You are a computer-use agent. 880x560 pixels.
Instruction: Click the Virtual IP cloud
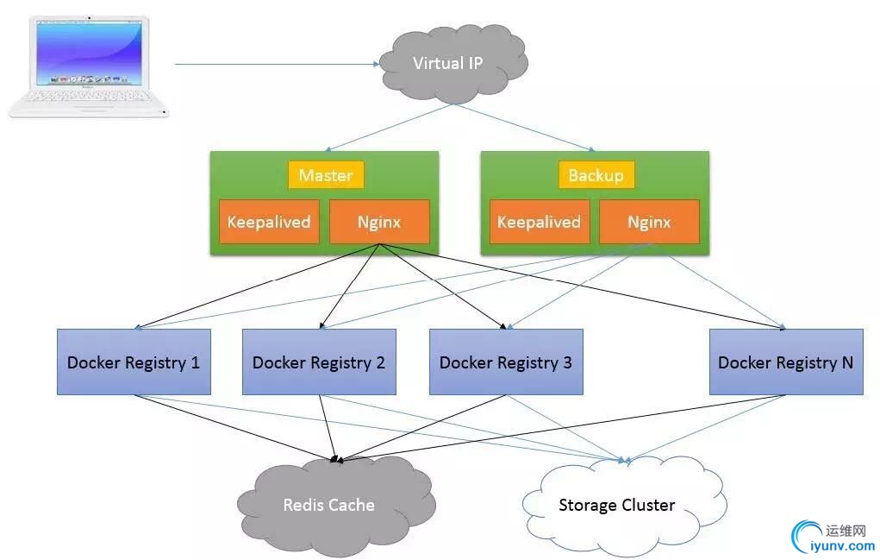pyautogui.click(x=448, y=62)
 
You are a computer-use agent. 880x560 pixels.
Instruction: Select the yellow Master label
pyautogui.click(x=326, y=175)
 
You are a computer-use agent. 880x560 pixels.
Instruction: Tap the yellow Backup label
pyautogui.click(x=596, y=175)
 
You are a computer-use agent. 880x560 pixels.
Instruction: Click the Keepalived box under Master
pyautogui.click(x=269, y=222)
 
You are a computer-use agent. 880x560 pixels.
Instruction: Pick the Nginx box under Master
pyautogui.click(x=379, y=222)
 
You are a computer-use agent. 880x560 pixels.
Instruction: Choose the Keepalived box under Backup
pyautogui.click(x=540, y=222)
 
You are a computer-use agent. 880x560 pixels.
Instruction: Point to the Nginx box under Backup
pyautogui.click(x=649, y=222)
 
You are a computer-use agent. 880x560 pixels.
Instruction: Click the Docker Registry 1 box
pyautogui.click(x=134, y=362)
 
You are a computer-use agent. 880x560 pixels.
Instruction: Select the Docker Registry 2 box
pyautogui.click(x=319, y=362)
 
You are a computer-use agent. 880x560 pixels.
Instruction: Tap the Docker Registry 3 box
pyautogui.click(x=506, y=362)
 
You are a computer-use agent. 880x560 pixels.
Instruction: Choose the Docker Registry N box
pyautogui.click(x=786, y=362)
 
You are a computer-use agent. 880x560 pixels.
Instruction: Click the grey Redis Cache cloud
pyautogui.click(x=329, y=504)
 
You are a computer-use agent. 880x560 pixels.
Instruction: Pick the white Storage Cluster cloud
pyautogui.click(x=617, y=505)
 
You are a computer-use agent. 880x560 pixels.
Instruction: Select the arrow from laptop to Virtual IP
pyautogui.click(x=276, y=63)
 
